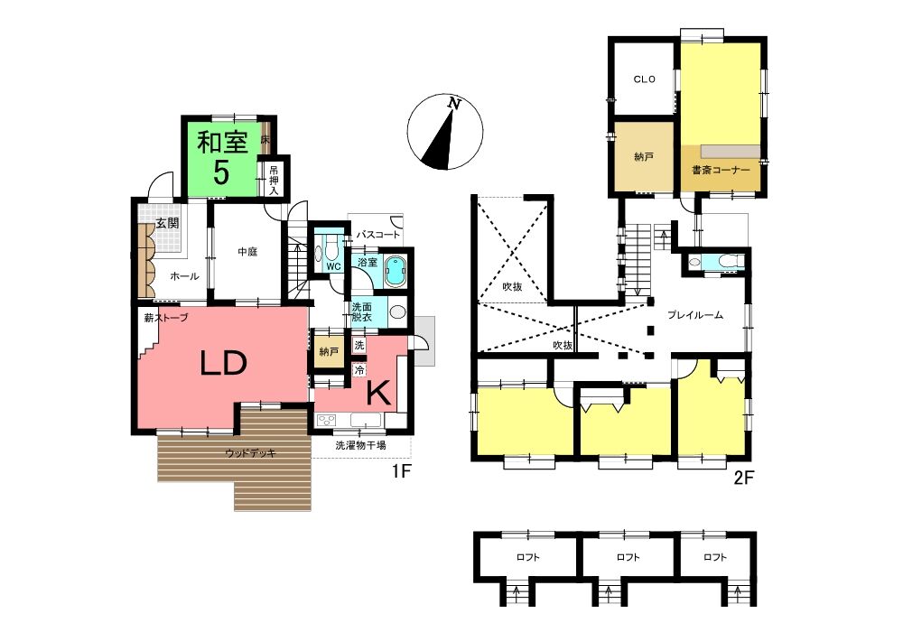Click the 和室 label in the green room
click(222, 142)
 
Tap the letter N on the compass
click(455, 104)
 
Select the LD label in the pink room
click(223, 363)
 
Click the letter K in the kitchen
click(379, 394)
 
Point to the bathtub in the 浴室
click(396, 272)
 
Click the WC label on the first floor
click(334, 266)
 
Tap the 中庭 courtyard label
click(247, 252)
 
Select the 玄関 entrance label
click(168, 223)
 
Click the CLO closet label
click(645, 79)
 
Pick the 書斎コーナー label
click(721, 171)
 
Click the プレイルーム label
click(695, 315)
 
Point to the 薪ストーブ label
click(166, 317)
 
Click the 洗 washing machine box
click(359, 346)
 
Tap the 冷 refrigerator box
click(359, 369)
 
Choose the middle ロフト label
click(628, 557)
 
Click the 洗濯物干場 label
click(361, 445)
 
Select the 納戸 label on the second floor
click(643, 156)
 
